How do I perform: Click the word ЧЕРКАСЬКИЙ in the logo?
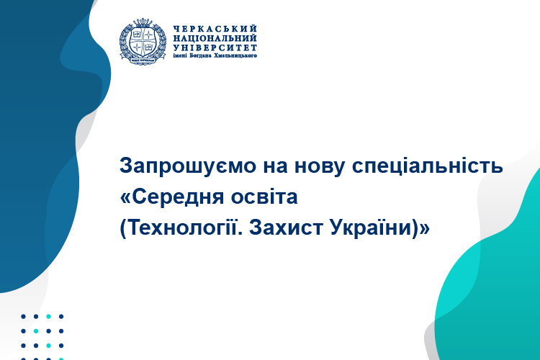(x=215, y=29)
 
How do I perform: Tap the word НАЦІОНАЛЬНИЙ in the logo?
(x=215, y=38)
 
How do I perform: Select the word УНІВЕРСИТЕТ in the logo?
(x=215, y=48)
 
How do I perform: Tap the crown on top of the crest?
(x=143, y=23)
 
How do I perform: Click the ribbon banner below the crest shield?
(x=143, y=60)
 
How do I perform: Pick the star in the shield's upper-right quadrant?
(x=149, y=35)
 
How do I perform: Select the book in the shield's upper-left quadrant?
(x=137, y=35)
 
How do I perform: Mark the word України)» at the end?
(x=380, y=228)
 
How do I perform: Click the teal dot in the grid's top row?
(x=48, y=316)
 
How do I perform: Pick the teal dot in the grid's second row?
(x=36, y=331)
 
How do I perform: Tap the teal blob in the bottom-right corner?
(x=496, y=293)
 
